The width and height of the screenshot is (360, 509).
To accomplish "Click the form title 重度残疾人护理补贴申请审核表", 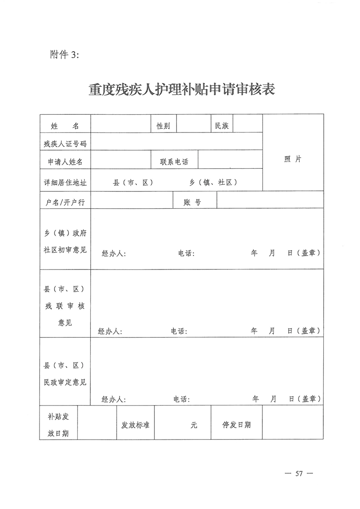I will [x=182, y=89].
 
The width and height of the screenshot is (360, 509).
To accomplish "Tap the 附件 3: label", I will [x=64, y=55].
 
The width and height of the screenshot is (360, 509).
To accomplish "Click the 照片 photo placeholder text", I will [x=293, y=159].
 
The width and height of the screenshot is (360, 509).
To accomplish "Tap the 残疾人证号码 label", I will [x=65, y=144].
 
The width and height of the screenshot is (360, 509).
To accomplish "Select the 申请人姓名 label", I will [x=65, y=162].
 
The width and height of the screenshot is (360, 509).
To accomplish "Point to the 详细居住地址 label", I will [x=65, y=182].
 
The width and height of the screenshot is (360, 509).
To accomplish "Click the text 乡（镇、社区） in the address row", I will [x=213, y=182].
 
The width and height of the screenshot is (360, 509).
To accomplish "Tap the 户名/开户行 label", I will [x=65, y=202].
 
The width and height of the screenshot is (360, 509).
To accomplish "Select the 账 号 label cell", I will [x=192, y=202].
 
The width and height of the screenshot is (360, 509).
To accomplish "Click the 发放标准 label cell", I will [x=135, y=425].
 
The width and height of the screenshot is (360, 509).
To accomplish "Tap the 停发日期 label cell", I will [x=236, y=425].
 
